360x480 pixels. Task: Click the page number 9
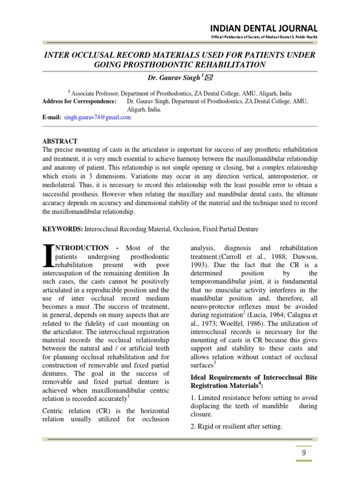pyautogui.click(x=304, y=452)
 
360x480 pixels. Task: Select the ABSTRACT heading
pyautogui.click(x=60, y=141)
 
